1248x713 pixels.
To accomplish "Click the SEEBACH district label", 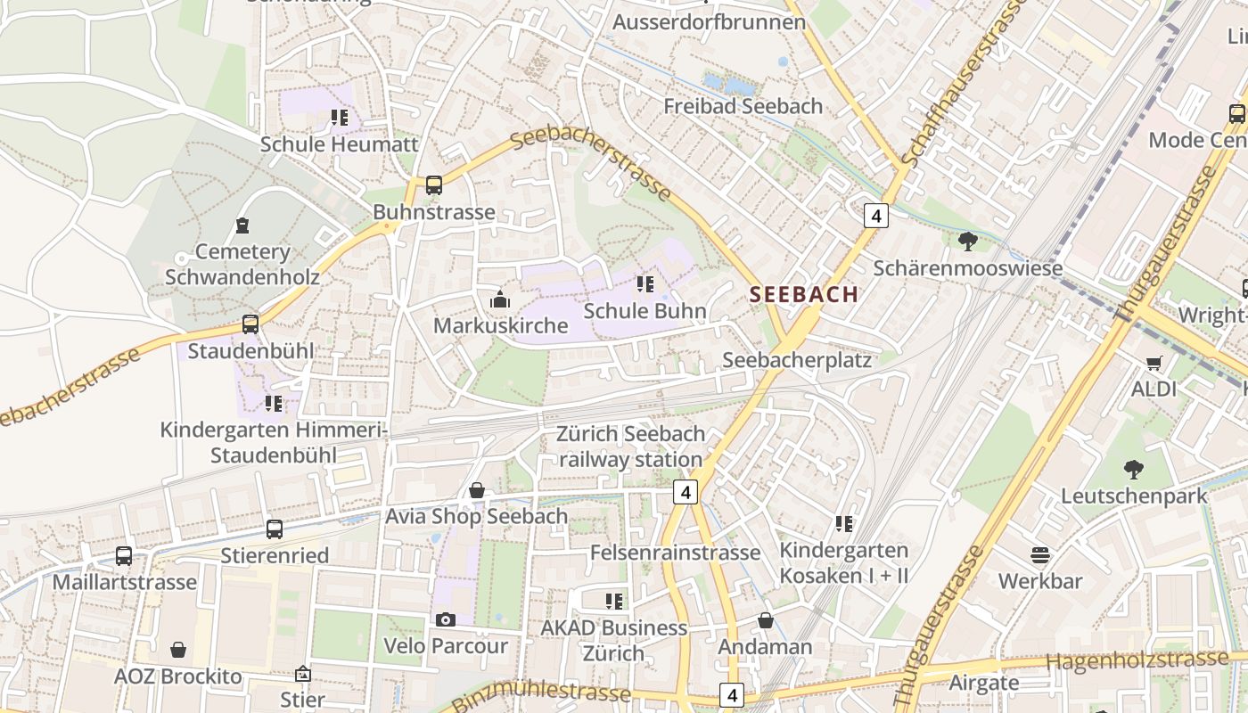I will (804, 294).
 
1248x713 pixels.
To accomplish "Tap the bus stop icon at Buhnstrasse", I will (434, 185).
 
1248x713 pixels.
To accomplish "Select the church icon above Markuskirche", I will (500, 299).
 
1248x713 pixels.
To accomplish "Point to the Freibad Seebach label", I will (743, 106).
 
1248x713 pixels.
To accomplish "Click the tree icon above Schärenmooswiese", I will (967, 241).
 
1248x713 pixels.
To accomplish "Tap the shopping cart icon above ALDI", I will (1154, 363).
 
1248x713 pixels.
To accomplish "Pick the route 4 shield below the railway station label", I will (685, 492).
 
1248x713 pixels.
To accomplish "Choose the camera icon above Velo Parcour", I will (446, 619).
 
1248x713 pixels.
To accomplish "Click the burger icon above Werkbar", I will (1039, 555).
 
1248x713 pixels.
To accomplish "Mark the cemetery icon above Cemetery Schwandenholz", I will (242, 225).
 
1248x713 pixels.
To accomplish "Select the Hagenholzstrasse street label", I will (1137, 660).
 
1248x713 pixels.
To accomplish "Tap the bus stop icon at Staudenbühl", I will (250, 324).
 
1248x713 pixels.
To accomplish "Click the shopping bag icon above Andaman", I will (765, 620).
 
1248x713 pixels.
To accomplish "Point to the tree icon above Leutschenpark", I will (1133, 469).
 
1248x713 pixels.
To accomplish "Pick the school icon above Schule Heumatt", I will (339, 117).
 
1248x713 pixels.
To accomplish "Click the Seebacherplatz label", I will (797, 360).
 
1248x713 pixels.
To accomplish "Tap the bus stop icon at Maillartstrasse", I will (124, 556).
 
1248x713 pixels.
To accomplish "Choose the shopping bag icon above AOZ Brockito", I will (178, 650).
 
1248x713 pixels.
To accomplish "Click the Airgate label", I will (984, 684).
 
